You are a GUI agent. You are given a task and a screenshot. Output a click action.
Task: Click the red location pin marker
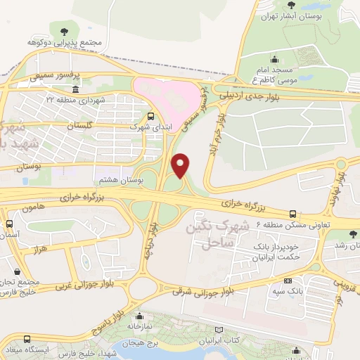[181, 165]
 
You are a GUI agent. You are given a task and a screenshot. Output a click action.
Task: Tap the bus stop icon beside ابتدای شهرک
[151, 117]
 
